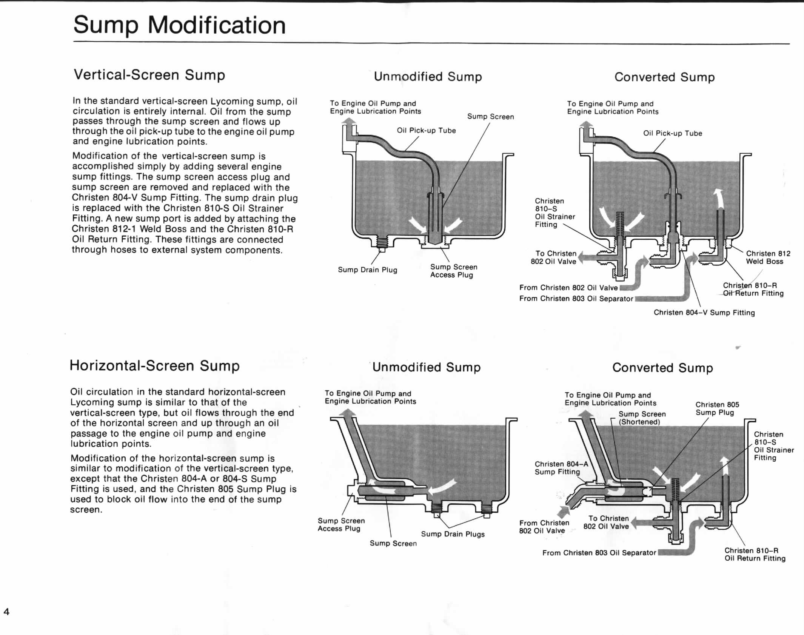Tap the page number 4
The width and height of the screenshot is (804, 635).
pyautogui.click(x=6, y=612)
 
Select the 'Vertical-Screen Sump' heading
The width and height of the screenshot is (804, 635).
pyautogui.click(x=149, y=75)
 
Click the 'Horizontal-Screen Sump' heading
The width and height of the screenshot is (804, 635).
pyautogui.click(x=155, y=366)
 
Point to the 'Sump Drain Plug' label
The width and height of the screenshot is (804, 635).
pyautogui.click(x=367, y=270)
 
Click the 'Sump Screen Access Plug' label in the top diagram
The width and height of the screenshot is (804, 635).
pyautogui.click(x=453, y=271)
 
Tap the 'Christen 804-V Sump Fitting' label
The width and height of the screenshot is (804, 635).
pyautogui.click(x=704, y=313)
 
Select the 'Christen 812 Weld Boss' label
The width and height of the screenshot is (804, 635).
pyautogui.click(x=768, y=257)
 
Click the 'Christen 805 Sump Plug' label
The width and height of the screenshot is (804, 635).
pyautogui.click(x=717, y=408)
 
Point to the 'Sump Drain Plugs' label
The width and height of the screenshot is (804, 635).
pyautogui.click(x=453, y=534)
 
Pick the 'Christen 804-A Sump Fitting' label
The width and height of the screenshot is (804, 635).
pyautogui.click(x=561, y=468)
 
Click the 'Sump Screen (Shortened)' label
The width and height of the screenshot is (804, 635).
pyautogui.click(x=642, y=418)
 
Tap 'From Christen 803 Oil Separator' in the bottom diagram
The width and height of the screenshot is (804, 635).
pyautogui.click(x=599, y=553)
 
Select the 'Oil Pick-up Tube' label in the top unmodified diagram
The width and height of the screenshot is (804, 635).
pyautogui.click(x=426, y=131)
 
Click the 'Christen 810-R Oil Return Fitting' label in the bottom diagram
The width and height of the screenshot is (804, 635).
pyautogui.click(x=755, y=554)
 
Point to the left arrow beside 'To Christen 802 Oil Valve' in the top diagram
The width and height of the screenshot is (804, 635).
pyautogui.click(x=586, y=258)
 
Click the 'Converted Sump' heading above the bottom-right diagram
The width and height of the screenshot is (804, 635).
pyautogui.click(x=662, y=368)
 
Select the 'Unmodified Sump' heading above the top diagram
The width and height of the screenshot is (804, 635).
pyautogui.click(x=428, y=77)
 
